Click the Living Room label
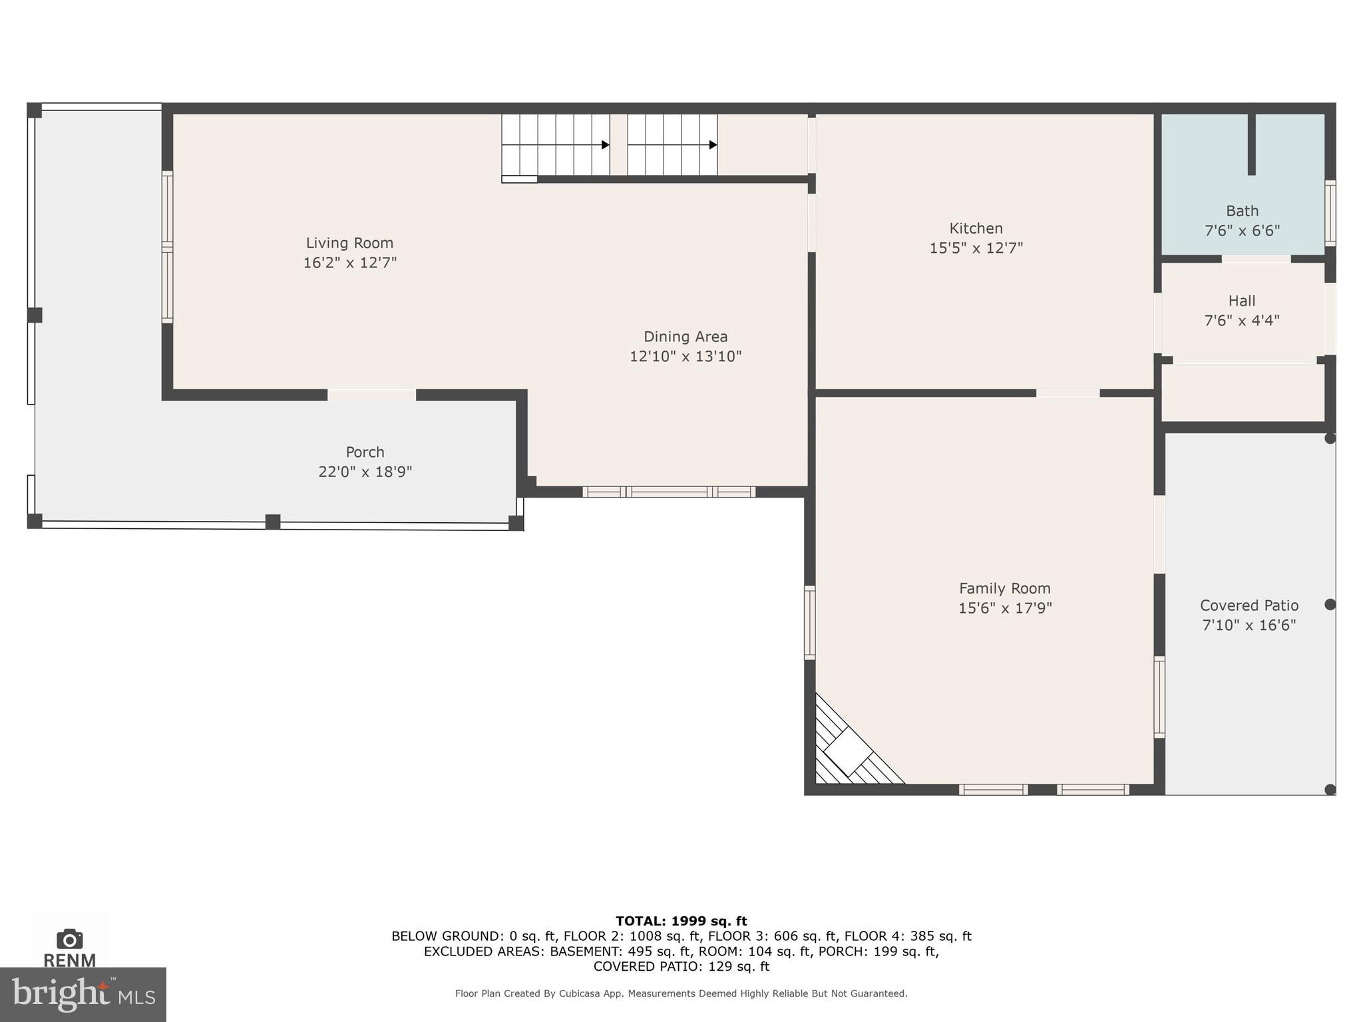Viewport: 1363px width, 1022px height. click(x=349, y=243)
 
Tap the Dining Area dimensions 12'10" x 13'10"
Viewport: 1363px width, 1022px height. click(x=685, y=357)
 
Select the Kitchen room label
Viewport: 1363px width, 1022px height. click(x=976, y=228)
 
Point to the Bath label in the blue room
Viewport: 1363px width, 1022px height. click(x=1242, y=211)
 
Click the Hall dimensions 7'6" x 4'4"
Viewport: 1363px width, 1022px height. click(x=1242, y=321)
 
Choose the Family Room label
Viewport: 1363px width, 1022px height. click(x=1004, y=588)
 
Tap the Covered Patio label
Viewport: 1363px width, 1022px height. click(x=1249, y=605)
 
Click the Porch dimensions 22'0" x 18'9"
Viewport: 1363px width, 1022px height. click(x=365, y=472)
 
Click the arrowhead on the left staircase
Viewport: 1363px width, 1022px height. click(x=605, y=145)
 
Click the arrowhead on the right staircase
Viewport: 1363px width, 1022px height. click(x=713, y=145)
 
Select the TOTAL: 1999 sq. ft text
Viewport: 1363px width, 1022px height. click(x=681, y=921)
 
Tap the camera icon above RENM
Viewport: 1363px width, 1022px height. click(x=69, y=939)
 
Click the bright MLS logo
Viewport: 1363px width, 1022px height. click(x=83, y=994)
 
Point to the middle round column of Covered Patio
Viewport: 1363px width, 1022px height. click(x=1330, y=604)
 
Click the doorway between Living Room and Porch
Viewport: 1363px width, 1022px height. click(x=371, y=395)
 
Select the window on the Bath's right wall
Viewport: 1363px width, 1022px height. click(x=1330, y=213)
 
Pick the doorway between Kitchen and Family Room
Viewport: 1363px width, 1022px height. click(x=1068, y=393)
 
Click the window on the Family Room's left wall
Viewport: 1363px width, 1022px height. click(x=809, y=623)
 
